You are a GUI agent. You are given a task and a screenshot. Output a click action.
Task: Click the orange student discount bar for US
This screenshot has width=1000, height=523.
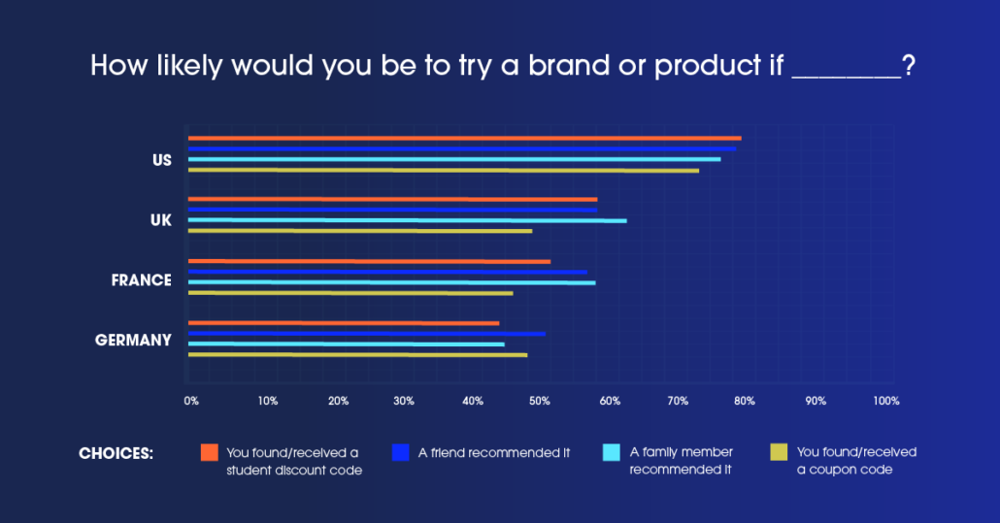[464, 138]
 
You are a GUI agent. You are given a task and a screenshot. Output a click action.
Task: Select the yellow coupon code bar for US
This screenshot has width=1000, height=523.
[444, 170]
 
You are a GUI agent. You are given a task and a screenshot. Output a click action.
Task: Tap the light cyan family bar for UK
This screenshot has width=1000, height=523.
[408, 220]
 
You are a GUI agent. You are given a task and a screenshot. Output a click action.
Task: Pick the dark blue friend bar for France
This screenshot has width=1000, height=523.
[387, 272]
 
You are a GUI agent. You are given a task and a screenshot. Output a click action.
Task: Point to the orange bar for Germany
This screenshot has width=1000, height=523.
[344, 323]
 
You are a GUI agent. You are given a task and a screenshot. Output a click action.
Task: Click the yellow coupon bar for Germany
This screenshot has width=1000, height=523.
[358, 355]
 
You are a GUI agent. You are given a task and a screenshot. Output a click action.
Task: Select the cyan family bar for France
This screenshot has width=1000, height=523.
[391, 282]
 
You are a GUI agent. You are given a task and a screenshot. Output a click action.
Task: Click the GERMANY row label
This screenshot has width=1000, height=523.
[133, 341]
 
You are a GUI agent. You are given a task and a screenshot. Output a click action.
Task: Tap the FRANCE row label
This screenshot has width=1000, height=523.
[142, 280]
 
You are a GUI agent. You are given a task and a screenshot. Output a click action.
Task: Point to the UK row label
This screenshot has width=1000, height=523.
[161, 220]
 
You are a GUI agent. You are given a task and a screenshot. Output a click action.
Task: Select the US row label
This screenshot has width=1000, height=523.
[162, 160]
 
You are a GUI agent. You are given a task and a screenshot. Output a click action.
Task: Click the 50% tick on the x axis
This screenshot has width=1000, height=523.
[540, 401]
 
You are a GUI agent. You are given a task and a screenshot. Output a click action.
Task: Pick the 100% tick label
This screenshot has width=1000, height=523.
[885, 401]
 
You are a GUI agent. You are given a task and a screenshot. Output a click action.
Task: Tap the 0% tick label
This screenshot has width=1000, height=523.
[191, 401]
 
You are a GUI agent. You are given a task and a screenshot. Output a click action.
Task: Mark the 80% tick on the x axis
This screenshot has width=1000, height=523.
[745, 401]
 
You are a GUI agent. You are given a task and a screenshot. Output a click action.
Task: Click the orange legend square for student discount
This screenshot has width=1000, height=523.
[209, 452]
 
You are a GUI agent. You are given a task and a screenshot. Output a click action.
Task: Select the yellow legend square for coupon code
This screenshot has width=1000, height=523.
[779, 451]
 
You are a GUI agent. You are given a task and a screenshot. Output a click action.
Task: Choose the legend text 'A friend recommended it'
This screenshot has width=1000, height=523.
[493, 453]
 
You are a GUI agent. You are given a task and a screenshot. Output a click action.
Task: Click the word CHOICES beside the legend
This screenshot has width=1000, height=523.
[117, 453]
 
